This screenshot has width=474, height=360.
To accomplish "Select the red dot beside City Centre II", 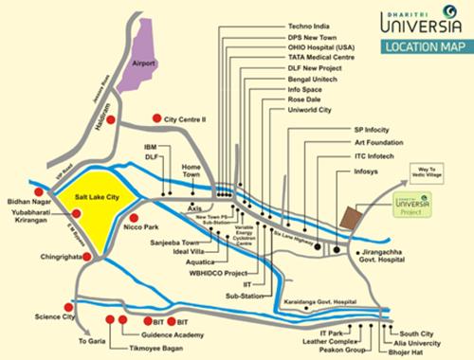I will pyautogui.click(x=155, y=120).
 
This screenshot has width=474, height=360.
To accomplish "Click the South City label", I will pyautogui.click(x=416, y=333).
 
